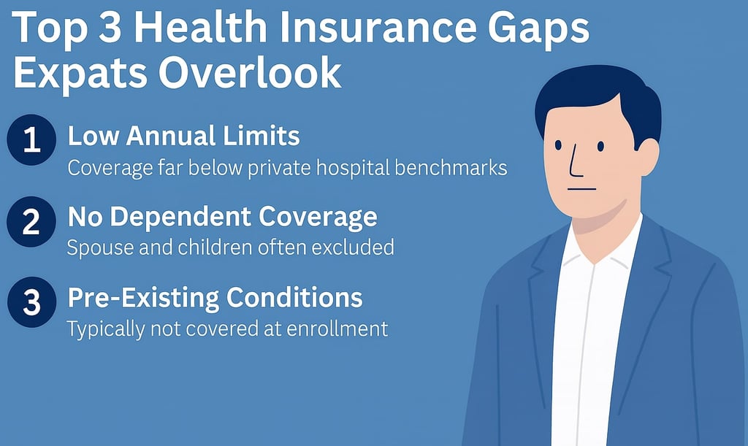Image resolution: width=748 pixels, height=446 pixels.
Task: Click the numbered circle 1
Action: pyautogui.click(x=31, y=139)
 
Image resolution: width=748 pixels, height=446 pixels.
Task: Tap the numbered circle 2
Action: pyautogui.click(x=31, y=222)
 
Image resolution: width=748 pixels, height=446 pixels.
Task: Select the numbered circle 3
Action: pyautogui.click(x=31, y=302)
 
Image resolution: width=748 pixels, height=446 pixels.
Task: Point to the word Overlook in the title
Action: pyautogui.click(x=250, y=72)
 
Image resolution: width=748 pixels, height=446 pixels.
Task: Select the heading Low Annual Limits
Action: pyautogui.click(x=183, y=136)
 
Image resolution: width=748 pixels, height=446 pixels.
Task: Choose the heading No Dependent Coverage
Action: pyautogui.click(x=222, y=218)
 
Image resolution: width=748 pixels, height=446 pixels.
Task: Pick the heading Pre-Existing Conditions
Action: pyautogui.click(x=215, y=298)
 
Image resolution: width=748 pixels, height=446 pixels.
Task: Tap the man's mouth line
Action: pyautogui.click(x=581, y=189)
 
